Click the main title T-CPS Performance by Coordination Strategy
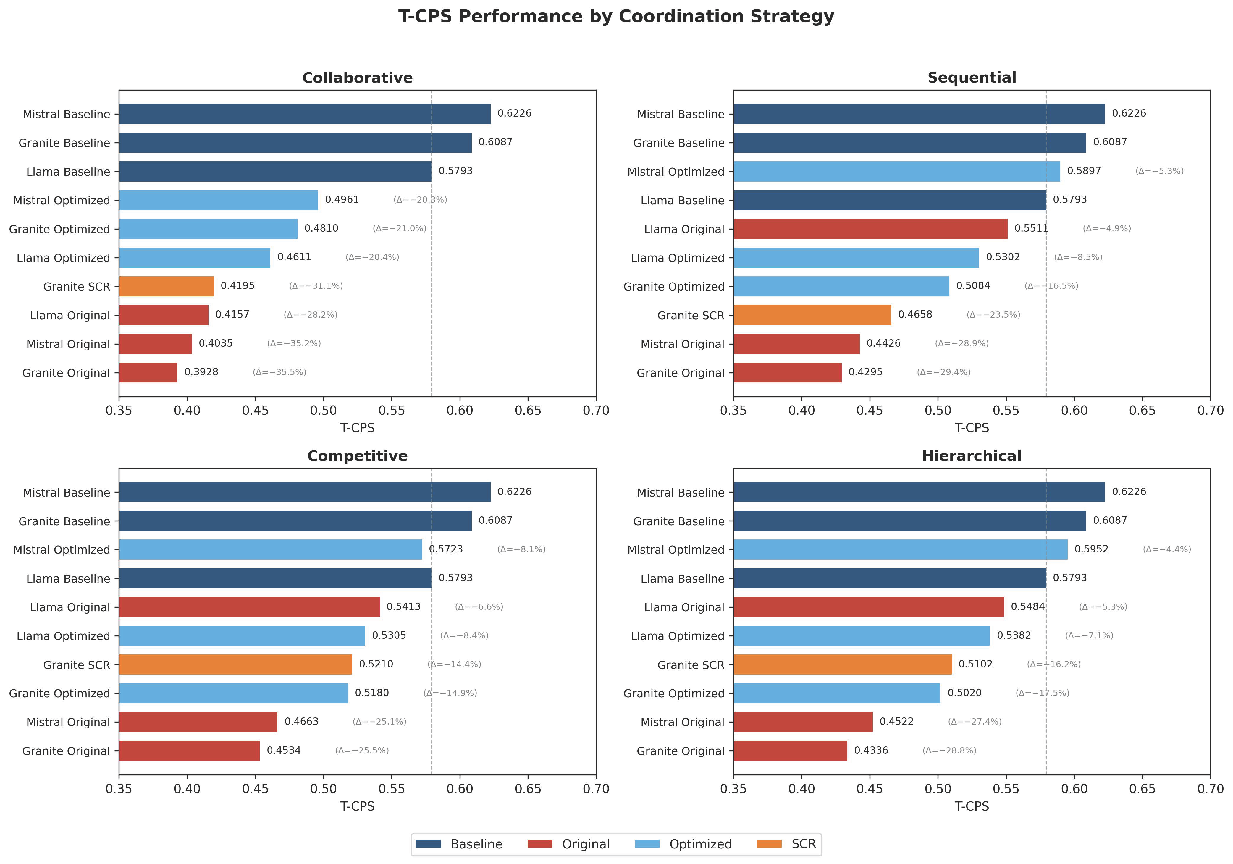616,17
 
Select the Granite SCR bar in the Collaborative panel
167,286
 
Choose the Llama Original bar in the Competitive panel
249,607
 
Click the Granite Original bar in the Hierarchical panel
790,751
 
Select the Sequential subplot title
971,78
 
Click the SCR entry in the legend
803,844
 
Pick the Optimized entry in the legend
700,844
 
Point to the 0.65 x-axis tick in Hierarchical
1142,789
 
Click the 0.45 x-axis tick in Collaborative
255,411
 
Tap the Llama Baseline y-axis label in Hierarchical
682,579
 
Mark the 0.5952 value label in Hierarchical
1091,549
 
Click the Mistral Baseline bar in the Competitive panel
304,492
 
